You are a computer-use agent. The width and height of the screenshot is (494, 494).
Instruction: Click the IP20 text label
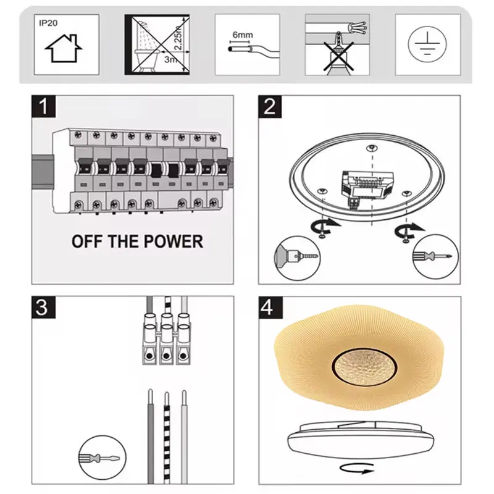tap(48, 23)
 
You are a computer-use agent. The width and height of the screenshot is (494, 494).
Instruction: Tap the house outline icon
tap(64, 49)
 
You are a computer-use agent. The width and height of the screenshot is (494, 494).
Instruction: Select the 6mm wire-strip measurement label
tap(243, 35)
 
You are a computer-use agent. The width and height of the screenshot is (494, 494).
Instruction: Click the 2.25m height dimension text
tap(178, 37)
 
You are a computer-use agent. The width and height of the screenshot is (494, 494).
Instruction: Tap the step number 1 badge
tap(44, 106)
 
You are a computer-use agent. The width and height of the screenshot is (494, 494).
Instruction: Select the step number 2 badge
tap(270, 106)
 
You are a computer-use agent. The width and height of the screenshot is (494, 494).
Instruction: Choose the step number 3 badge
tap(43, 307)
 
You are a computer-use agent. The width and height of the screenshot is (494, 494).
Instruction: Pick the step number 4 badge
tap(270, 307)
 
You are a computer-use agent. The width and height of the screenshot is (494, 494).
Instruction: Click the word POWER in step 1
tap(174, 241)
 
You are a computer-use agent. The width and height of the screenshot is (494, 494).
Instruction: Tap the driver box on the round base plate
tap(367, 186)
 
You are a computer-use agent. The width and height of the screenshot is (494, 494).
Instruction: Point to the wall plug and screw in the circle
tap(298, 257)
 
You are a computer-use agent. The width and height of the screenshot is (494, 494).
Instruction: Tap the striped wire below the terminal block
tap(167, 438)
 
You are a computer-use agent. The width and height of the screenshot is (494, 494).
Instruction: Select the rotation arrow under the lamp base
tap(357, 468)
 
